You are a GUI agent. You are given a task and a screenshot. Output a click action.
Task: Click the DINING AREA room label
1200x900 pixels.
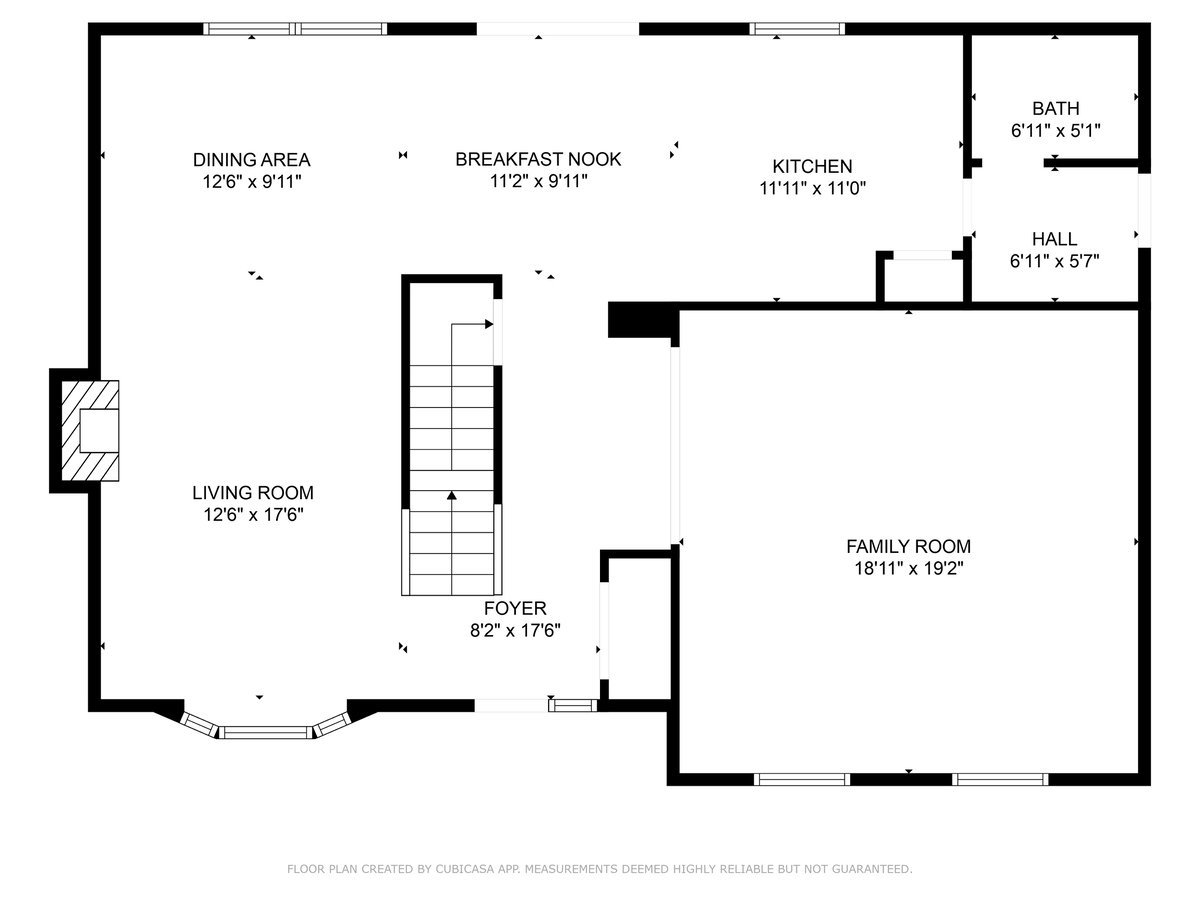[251, 160]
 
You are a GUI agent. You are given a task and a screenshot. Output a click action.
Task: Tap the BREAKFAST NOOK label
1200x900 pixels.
[538, 159]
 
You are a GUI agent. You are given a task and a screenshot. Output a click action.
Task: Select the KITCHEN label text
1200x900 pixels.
[812, 166]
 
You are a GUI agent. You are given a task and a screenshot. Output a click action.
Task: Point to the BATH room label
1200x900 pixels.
[1055, 108]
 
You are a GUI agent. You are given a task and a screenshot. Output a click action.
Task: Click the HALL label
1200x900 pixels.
[1055, 239]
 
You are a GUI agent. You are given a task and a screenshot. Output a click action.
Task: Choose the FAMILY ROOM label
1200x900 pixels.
[909, 546]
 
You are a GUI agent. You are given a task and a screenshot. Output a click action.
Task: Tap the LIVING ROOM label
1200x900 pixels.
[253, 492]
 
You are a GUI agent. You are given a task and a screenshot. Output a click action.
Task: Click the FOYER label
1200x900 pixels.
[515, 608]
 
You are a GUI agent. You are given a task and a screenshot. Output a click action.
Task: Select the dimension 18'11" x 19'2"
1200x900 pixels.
[909, 568]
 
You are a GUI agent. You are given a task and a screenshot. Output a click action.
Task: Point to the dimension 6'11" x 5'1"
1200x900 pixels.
[1055, 131]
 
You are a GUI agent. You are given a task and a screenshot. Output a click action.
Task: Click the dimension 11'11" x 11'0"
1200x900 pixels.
[812, 188]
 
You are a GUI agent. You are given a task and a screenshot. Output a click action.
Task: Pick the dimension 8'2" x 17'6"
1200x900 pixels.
[515, 631]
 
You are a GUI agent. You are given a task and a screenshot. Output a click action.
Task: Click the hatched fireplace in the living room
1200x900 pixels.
[90, 431]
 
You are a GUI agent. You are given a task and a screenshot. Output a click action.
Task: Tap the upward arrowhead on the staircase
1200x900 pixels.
[452, 495]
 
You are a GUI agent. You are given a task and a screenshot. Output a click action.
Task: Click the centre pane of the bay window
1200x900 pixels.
[266, 732]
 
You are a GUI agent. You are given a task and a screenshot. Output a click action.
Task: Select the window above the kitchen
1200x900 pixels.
[797, 29]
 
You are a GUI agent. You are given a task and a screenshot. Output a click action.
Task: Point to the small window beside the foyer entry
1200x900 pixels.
[572, 705]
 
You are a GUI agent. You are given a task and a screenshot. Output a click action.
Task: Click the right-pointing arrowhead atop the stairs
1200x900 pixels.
[489, 324]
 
